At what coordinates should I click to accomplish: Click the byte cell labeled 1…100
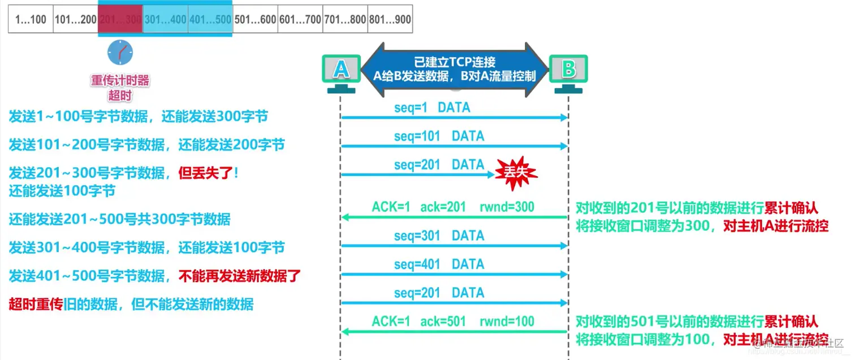point(31,19)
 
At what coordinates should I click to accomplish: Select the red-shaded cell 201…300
point(120,19)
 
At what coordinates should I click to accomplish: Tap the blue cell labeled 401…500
point(210,19)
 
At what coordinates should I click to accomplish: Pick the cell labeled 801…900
point(390,19)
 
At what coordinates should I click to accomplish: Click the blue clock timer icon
point(120,52)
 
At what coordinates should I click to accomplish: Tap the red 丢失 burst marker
point(516,172)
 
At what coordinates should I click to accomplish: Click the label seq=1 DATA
point(432,107)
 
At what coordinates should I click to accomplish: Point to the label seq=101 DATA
point(439,136)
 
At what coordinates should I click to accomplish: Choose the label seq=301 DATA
point(439,236)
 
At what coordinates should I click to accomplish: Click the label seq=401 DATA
point(439,264)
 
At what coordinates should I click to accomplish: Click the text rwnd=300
point(507,207)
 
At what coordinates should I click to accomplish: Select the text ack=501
point(443,322)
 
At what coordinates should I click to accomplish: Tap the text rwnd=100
point(507,322)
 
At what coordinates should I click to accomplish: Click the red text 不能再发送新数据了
point(240,276)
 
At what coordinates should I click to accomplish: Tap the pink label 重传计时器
point(120,80)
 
